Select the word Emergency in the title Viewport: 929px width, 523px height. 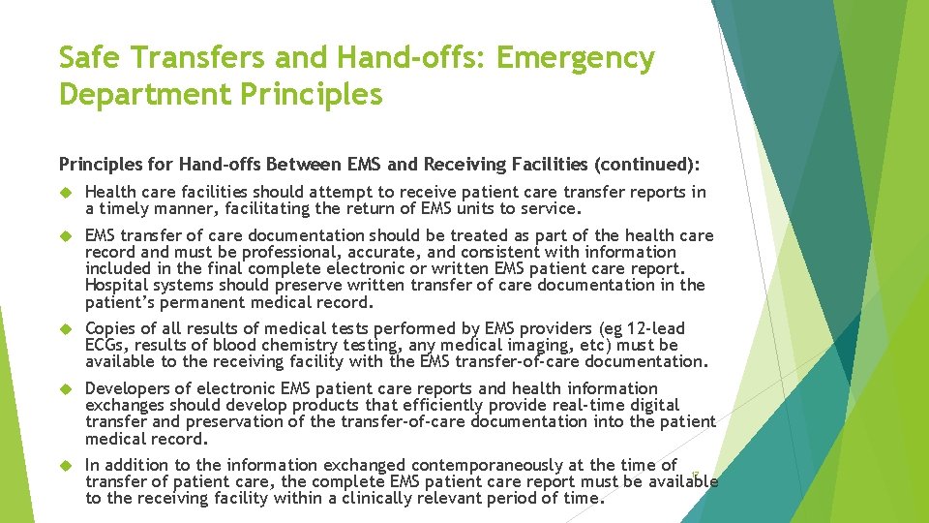click(x=576, y=58)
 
